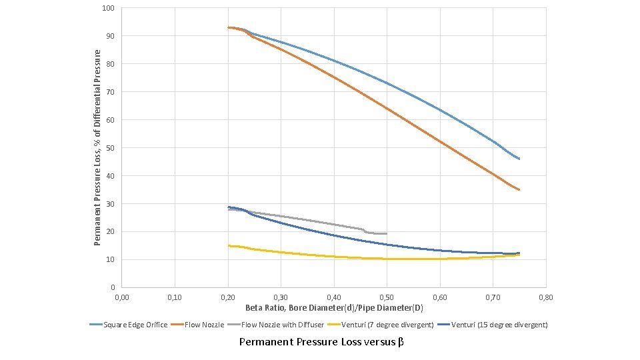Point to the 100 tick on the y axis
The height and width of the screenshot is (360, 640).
click(109, 8)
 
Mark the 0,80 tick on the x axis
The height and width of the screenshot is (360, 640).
click(546, 296)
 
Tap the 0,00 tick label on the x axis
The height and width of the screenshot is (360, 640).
click(122, 296)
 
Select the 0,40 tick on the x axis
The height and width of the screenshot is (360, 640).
click(334, 296)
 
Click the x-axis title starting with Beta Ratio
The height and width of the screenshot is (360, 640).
click(333, 308)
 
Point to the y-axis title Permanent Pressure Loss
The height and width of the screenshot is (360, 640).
click(98, 147)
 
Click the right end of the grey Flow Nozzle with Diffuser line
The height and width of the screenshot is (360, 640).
click(387, 233)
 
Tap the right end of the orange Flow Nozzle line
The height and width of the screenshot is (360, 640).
click(519, 190)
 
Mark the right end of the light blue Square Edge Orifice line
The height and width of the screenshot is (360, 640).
click(519, 159)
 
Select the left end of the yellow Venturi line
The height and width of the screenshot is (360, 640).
click(228, 245)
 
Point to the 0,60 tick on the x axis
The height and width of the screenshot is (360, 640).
click(440, 296)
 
